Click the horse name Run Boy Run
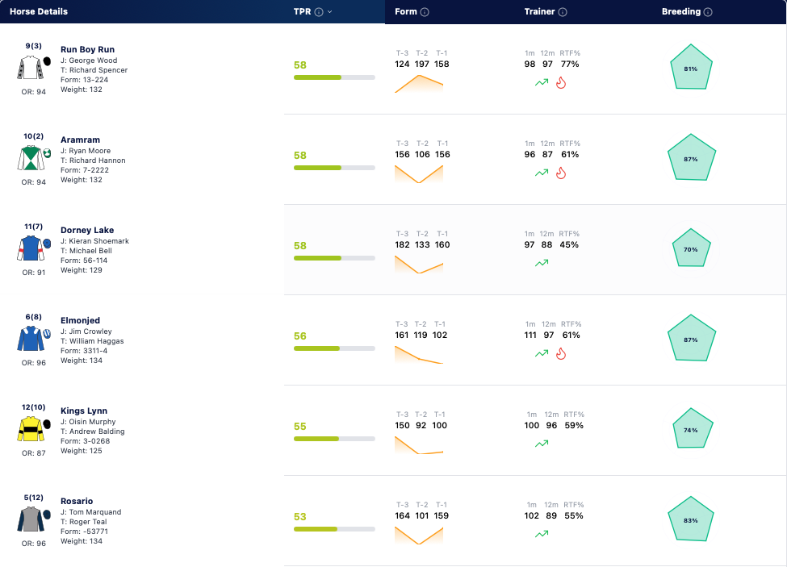click(x=87, y=49)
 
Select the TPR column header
click(x=302, y=11)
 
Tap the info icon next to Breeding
click(x=708, y=12)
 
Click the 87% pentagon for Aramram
click(x=691, y=157)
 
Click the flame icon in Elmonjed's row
click(x=561, y=354)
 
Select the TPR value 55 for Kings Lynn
click(x=299, y=426)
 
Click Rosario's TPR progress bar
click(x=334, y=529)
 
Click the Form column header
click(x=405, y=11)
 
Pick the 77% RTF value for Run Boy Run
click(x=570, y=65)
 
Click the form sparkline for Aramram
click(x=419, y=174)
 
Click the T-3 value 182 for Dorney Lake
click(x=402, y=244)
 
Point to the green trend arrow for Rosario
click(x=542, y=534)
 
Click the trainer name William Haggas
click(x=96, y=341)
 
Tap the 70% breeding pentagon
click(x=691, y=248)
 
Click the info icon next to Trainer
click(x=563, y=12)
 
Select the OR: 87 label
click(x=34, y=452)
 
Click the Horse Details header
click(x=39, y=11)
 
